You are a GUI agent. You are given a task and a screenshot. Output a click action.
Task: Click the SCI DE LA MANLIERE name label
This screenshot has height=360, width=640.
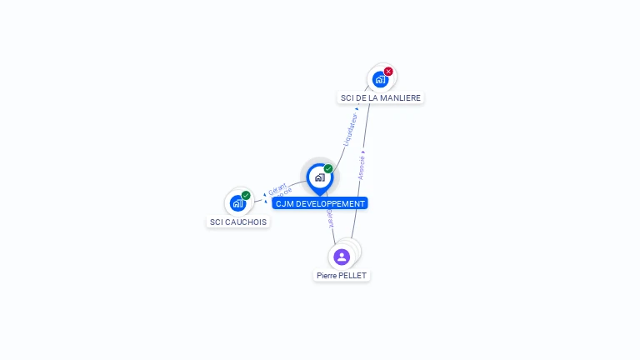(381, 97)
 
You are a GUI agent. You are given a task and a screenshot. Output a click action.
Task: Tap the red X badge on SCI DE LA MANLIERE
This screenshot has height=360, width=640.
(388, 72)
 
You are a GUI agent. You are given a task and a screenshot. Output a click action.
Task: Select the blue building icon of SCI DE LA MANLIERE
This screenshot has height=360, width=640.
(380, 80)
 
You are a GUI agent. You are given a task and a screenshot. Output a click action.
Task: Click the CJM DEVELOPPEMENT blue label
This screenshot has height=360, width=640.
(320, 203)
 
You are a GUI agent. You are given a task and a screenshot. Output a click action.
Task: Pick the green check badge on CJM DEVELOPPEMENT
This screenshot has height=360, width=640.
(328, 169)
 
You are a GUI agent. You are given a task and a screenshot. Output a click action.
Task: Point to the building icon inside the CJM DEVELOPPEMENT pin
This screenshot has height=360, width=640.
(319, 177)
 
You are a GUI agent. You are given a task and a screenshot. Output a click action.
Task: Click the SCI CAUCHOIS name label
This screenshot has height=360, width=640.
(238, 222)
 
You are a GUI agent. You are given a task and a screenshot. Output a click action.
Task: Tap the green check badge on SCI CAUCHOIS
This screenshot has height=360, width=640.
(246, 196)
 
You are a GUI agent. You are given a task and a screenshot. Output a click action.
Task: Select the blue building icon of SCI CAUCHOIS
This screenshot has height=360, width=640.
(237, 203)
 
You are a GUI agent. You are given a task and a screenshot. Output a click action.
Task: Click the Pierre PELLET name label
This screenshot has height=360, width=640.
(342, 275)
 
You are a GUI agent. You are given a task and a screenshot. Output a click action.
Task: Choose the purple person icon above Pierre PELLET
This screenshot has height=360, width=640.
(342, 257)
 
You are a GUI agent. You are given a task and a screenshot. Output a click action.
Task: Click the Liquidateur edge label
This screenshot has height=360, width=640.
(351, 129)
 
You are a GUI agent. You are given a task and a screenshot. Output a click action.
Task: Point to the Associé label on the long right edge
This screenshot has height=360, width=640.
(361, 167)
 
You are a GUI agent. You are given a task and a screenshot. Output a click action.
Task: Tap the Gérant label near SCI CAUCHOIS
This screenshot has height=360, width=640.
(277, 189)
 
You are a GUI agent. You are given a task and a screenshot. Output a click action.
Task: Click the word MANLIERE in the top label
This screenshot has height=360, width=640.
(399, 97)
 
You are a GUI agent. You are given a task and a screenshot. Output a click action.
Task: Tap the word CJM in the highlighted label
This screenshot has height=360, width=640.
(284, 203)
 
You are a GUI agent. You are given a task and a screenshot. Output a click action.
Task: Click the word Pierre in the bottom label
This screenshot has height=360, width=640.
(326, 275)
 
